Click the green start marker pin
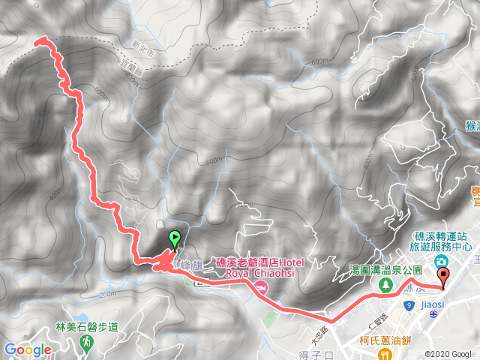click(175, 239)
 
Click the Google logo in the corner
click(27, 349)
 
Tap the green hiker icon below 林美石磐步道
click(88, 342)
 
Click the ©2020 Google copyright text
click(447, 354)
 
